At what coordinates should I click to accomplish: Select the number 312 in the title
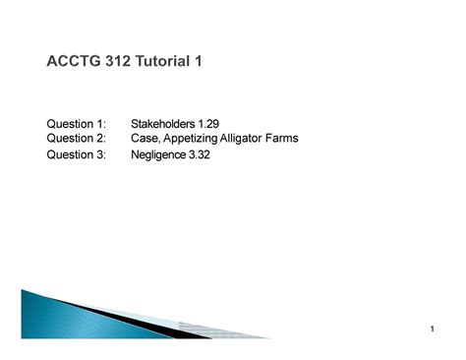[118, 63]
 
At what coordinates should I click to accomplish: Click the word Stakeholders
[162, 123]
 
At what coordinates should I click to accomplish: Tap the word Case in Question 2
[145, 138]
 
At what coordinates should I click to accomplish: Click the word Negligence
[158, 155]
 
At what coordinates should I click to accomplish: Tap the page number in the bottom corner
[432, 330]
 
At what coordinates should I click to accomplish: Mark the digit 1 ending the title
[199, 63]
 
